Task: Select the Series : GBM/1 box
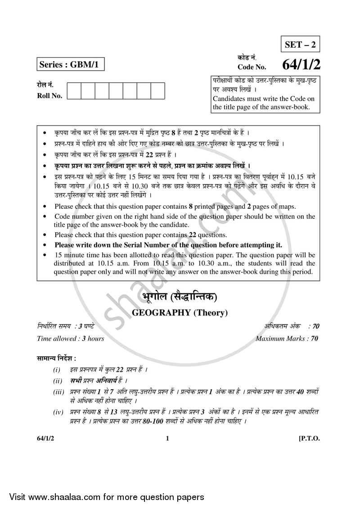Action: point(70,64)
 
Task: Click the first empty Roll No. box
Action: point(74,91)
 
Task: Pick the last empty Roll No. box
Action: point(158,91)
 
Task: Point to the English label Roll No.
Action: point(49,95)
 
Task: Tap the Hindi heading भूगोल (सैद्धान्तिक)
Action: point(179,297)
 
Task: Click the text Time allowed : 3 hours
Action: point(71,338)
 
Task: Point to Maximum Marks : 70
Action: point(287,338)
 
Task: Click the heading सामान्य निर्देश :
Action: point(57,358)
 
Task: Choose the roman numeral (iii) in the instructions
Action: point(58,392)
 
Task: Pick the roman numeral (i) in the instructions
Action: point(57,369)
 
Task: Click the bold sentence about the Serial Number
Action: point(168,245)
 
